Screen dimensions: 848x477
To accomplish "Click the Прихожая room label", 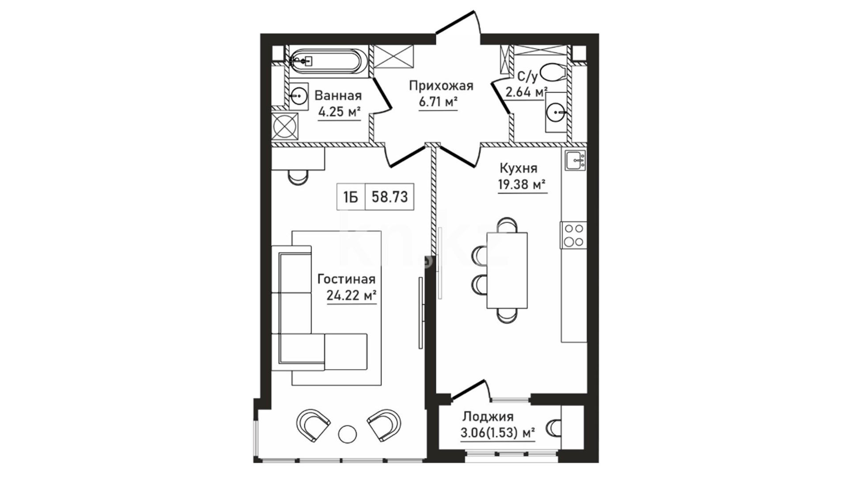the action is [x=441, y=86].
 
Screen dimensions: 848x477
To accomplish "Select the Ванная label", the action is [x=338, y=95].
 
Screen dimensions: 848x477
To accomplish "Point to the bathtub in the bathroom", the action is [x=327, y=61].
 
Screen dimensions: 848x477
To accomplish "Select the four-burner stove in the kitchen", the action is [x=574, y=235].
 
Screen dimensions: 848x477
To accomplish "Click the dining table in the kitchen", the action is [x=507, y=270].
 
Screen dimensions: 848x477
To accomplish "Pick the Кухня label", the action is [x=519, y=168].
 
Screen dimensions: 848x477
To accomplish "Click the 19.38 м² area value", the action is [x=522, y=185].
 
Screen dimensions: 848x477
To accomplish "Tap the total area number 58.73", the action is [x=390, y=196].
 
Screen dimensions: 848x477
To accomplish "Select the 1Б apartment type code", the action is [x=351, y=197].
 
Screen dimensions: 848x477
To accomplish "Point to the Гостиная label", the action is [x=347, y=279].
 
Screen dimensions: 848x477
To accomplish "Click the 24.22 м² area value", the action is [x=352, y=295].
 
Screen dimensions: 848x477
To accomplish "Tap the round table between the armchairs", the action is [x=348, y=434].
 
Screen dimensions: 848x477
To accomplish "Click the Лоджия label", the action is [x=488, y=417].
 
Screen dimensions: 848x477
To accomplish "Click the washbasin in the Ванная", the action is [x=299, y=95].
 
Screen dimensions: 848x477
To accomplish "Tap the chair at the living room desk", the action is [x=298, y=176].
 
